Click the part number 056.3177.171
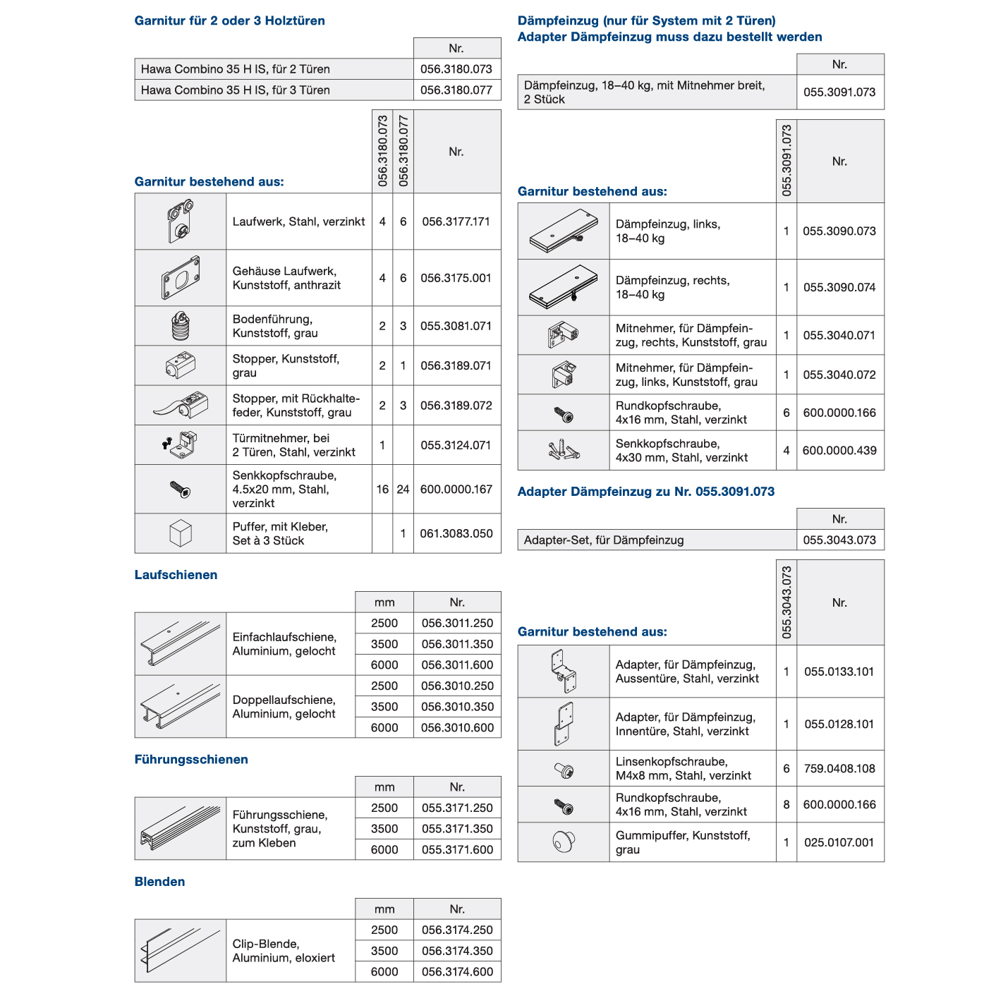[456, 221]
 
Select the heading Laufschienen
[176, 575]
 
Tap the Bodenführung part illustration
[181, 326]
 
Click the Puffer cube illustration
[181, 533]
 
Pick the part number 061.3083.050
[456, 534]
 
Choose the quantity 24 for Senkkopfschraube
[403, 490]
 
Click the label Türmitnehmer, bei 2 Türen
[293, 445]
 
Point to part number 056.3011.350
[457, 644]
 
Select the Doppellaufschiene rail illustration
[181, 707]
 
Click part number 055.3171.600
[457, 850]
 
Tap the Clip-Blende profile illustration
[181, 951]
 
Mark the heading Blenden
[159, 882]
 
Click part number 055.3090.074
[839, 288]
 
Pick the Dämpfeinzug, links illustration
[564, 231]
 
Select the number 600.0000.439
[839, 451]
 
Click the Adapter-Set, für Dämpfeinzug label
[604, 540]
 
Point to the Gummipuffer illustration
[564, 842]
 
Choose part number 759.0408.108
[839, 769]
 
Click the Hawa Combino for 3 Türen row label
[236, 90]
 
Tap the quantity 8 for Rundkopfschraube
[787, 805]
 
